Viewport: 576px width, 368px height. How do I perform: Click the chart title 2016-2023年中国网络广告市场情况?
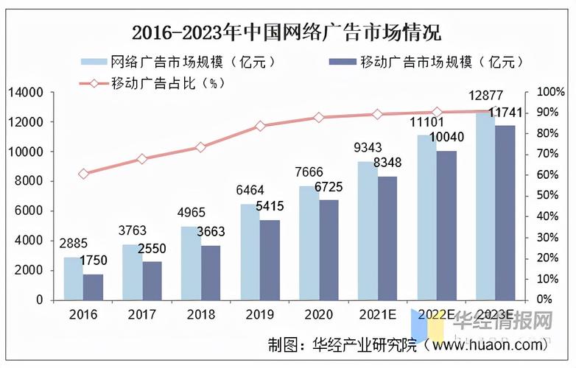287,33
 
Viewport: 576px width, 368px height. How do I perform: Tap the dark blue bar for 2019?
270,260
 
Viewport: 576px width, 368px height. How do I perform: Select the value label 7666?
310,171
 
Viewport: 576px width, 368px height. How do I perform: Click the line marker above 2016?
83,174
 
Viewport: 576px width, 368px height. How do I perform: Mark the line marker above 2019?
260,126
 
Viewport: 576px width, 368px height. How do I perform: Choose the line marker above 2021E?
377,114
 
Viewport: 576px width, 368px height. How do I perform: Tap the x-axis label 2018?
200,315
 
